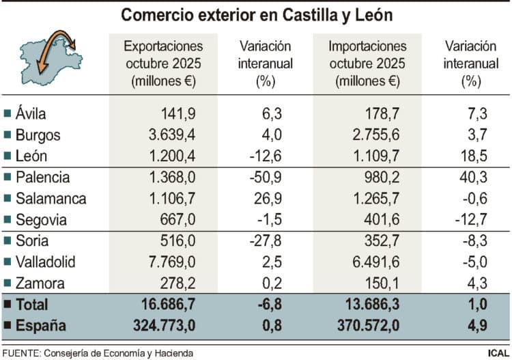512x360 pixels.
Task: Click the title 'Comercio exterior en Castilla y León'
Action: click(x=256, y=14)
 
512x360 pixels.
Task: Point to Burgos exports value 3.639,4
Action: click(x=167, y=135)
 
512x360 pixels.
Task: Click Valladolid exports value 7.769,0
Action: click(x=167, y=262)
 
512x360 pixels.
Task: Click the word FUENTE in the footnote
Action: click(x=20, y=352)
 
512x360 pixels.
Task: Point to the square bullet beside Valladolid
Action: click(x=8, y=262)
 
